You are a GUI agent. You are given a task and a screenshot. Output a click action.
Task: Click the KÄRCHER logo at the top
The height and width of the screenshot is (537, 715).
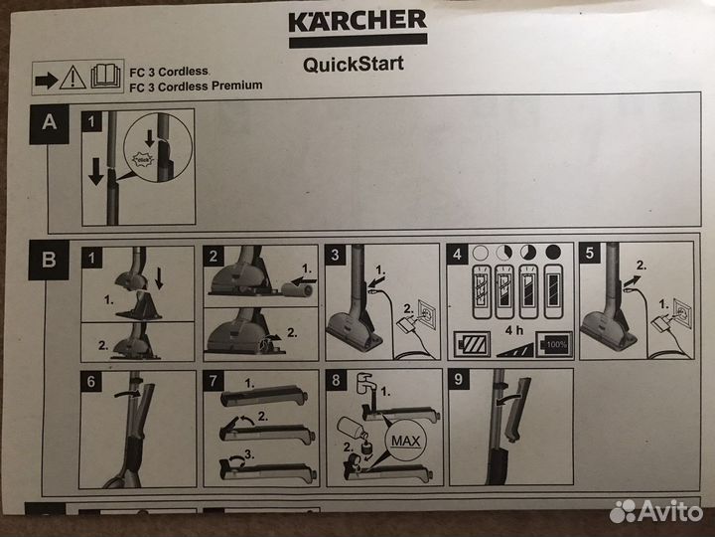point(357,23)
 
